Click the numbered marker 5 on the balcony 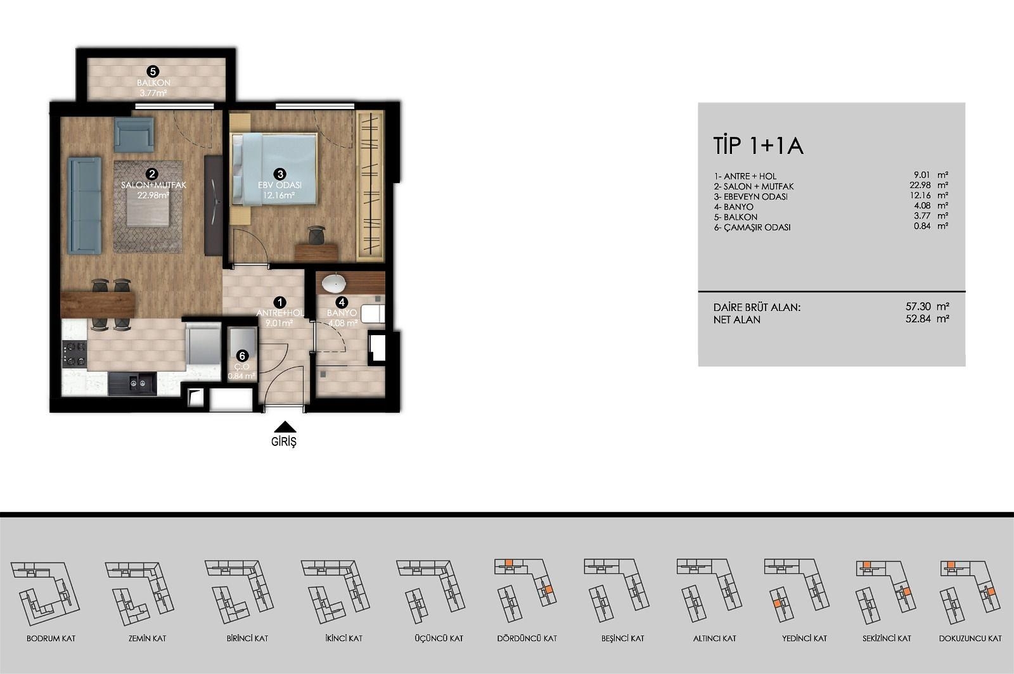click(x=153, y=72)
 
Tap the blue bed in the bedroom click(x=274, y=170)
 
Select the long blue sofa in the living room click(x=85, y=205)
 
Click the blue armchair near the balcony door click(x=134, y=134)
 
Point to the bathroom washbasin click(x=334, y=284)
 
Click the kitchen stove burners click(x=75, y=353)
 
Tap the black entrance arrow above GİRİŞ click(x=285, y=427)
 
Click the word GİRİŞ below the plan click(x=284, y=442)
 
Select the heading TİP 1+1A click(x=758, y=146)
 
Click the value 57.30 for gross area click(x=918, y=307)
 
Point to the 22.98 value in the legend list click(x=920, y=185)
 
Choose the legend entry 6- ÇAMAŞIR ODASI click(x=752, y=227)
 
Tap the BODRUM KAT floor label click(x=51, y=639)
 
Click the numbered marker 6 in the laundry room click(x=242, y=356)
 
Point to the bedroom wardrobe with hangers click(x=370, y=186)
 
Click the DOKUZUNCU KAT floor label click(x=970, y=639)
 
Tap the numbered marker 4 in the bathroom click(x=342, y=302)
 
